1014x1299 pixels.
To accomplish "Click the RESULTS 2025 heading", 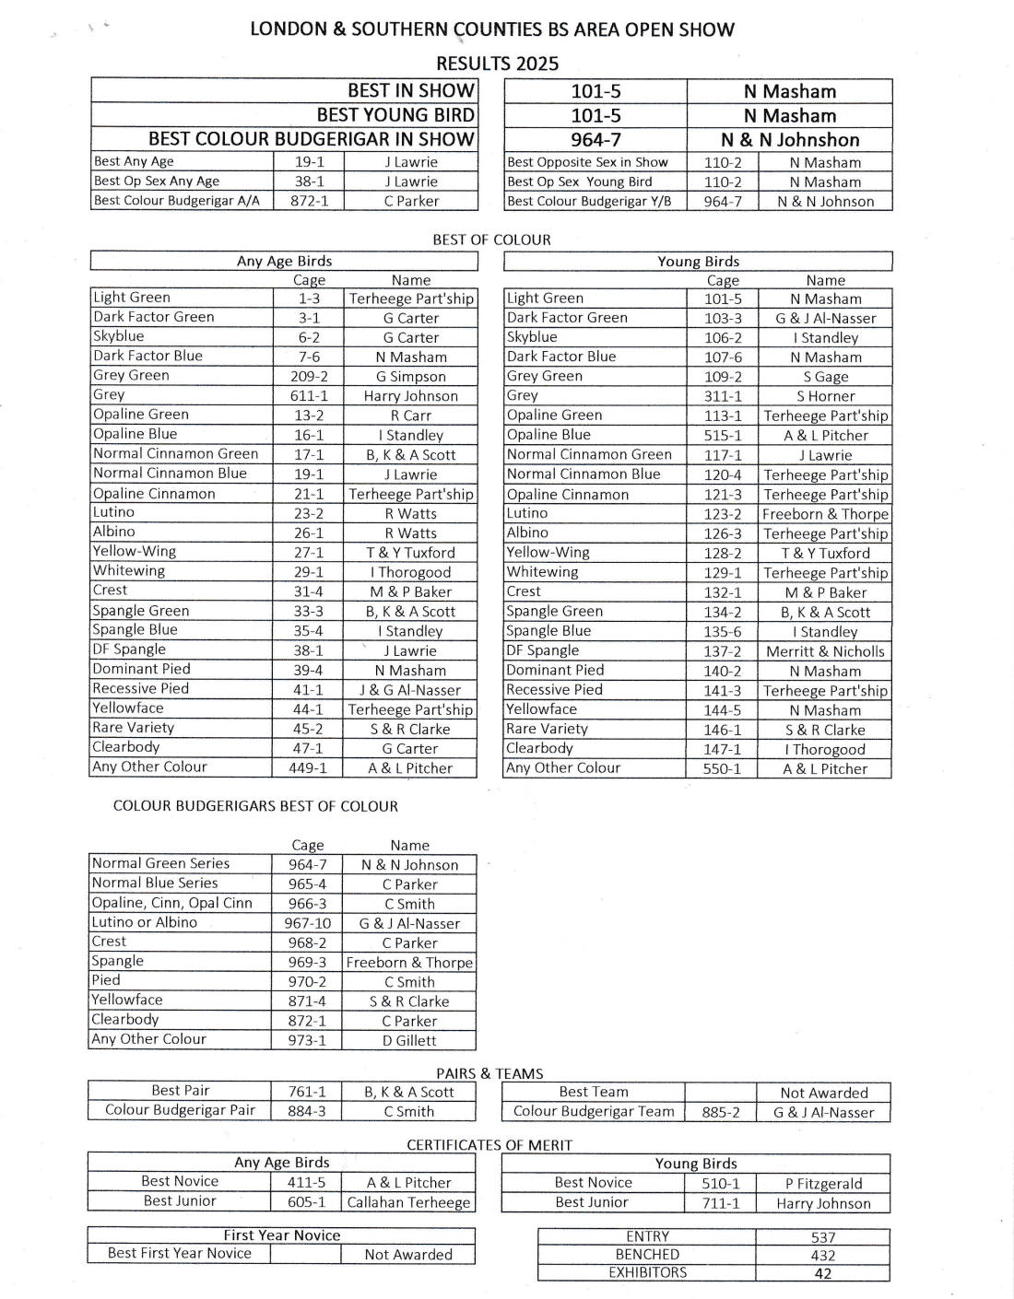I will click(x=497, y=63).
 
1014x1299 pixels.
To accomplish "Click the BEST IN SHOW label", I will click(x=410, y=90).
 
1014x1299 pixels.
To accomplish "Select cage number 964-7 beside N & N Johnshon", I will click(x=595, y=140).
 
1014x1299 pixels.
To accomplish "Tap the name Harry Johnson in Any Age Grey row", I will click(x=410, y=396).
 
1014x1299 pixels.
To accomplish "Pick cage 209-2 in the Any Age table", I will click(x=309, y=376).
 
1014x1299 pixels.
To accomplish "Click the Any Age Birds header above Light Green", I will click(x=284, y=261).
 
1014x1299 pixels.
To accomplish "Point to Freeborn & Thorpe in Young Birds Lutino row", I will click(x=825, y=514).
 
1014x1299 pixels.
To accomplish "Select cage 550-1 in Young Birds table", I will click(x=722, y=768).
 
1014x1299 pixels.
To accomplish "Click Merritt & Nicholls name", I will click(x=825, y=651).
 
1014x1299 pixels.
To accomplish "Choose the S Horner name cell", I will click(x=825, y=396).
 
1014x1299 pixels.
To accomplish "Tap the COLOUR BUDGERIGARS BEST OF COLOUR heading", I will click(x=255, y=806).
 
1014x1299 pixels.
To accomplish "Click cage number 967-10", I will click(x=308, y=923).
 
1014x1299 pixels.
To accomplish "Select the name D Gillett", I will click(x=409, y=1040).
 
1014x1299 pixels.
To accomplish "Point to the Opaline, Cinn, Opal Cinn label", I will click(x=172, y=903).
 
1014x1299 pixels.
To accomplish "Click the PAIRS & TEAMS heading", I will click(x=489, y=1073).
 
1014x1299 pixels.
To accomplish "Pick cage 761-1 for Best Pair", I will click(x=307, y=1092).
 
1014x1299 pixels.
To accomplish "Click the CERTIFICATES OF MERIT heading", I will click(x=489, y=1145).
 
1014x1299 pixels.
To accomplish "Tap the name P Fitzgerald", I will click(x=824, y=1184).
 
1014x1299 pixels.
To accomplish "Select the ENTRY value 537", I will click(x=823, y=1237).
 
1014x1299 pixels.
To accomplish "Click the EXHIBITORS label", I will click(x=647, y=1272).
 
